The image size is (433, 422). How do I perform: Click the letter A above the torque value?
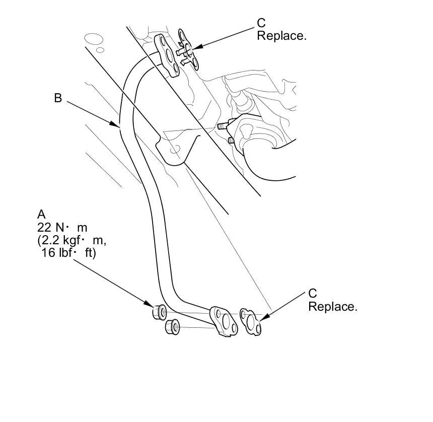(x=41, y=214)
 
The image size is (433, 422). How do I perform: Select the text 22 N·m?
(x=59, y=227)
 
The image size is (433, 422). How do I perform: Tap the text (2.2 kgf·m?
(x=71, y=240)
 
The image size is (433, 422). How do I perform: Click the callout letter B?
(x=58, y=98)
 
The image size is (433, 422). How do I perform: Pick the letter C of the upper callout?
(x=261, y=23)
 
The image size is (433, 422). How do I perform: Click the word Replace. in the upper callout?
(x=281, y=36)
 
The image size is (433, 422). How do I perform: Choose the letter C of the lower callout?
(x=313, y=294)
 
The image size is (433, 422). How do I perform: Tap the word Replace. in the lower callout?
(x=333, y=307)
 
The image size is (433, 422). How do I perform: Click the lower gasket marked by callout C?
(x=251, y=322)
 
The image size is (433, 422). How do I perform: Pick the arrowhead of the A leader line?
(x=151, y=306)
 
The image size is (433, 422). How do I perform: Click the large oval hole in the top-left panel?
(x=94, y=39)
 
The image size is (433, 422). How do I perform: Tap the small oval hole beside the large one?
(x=100, y=50)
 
